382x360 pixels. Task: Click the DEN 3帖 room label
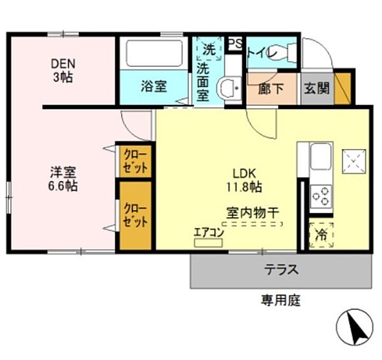click(63, 71)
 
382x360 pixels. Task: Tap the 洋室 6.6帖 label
click(63, 179)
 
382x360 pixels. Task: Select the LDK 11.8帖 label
click(244, 180)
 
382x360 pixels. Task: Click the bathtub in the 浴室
click(154, 54)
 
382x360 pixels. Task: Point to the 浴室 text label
click(154, 87)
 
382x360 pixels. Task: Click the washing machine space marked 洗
click(209, 49)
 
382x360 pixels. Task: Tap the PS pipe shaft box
click(235, 44)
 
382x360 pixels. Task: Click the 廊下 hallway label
click(271, 89)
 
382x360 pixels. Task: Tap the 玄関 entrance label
click(316, 88)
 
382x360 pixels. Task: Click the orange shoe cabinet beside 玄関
click(343, 88)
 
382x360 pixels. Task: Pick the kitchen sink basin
click(320, 156)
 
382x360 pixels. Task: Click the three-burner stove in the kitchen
click(320, 196)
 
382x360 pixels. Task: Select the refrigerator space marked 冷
click(321, 235)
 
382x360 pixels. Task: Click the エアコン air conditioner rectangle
click(208, 243)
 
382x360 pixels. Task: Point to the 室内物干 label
click(252, 213)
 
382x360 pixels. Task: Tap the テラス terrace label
click(281, 270)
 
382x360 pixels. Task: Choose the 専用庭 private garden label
click(281, 300)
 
